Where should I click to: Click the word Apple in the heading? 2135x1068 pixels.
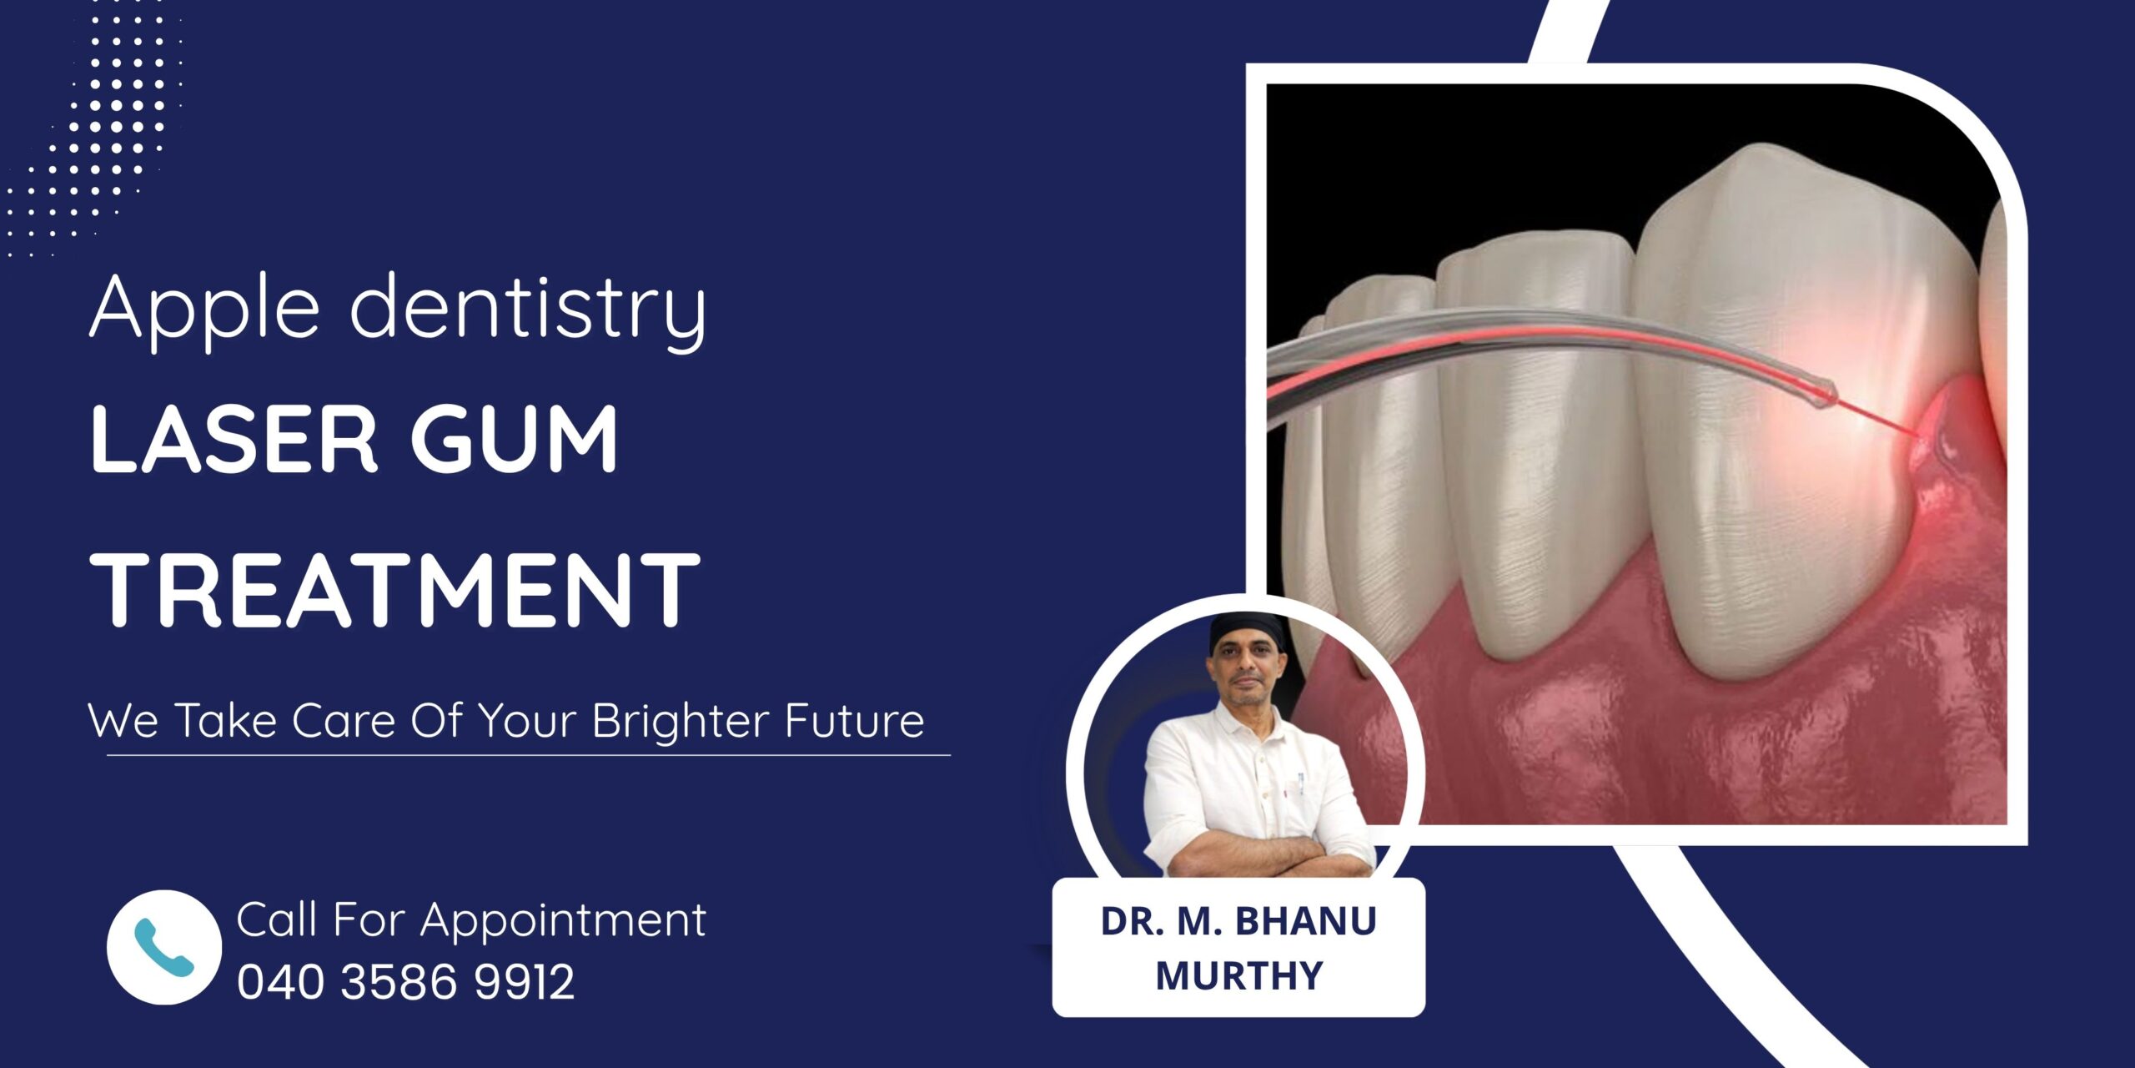click(205, 310)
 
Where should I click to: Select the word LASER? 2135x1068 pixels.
click(234, 440)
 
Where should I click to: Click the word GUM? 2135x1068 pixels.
click(514, 440)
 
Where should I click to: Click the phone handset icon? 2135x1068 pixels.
click(163, 947)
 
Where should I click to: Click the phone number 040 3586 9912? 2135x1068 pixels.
click(406, 981)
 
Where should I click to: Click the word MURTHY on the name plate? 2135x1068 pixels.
click(1239, 975)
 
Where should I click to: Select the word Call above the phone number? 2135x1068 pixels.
click(276, 919)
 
